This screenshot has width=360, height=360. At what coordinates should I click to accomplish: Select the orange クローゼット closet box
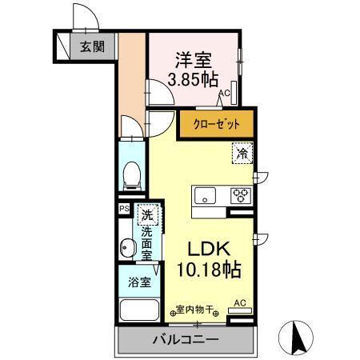214,124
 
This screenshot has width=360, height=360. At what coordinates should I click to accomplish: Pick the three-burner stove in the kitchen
241,194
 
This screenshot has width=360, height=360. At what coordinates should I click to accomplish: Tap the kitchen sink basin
205,194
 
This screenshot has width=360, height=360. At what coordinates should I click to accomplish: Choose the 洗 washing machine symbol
146,214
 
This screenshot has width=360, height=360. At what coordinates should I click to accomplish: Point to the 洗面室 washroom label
146,242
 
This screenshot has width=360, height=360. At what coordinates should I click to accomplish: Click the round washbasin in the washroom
126,248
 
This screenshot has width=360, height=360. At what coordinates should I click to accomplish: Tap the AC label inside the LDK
238,303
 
